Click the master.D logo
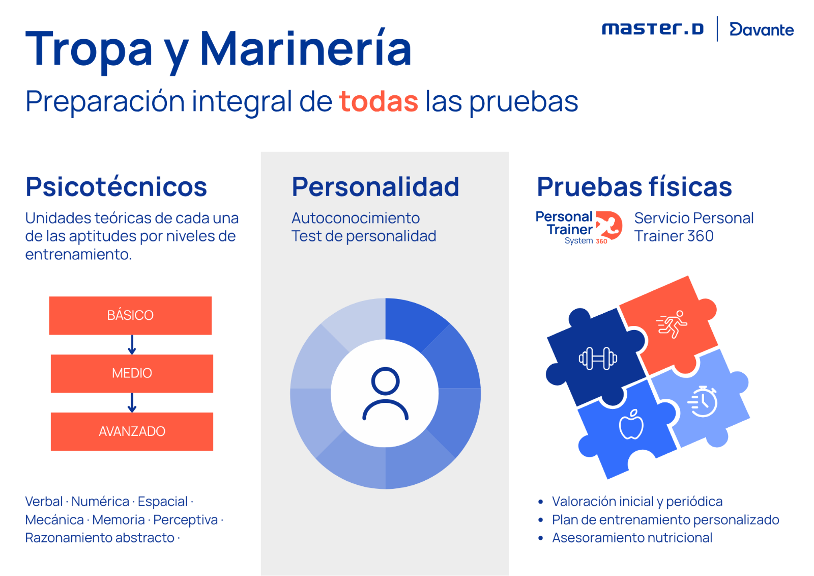pyautogui.click(x=653, y=29)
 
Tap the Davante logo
pyautogui.click(x=762, y=29)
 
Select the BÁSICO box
pyautogui.click(x=130, y=315)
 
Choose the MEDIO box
pyautogui.click(x=132, y=373)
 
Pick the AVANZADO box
pyautogui.click(x=132, y=431)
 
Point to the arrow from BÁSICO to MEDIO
pyautogui.click(x=132, y=345)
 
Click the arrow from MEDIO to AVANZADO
pyautogui.click(x=132, y=402)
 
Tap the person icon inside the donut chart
pyautogui.click(x=385, y=394)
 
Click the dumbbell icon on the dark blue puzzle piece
pyautogui.click(x=598, y=359)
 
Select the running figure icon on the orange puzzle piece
pyautogui.click(x=672, y=324)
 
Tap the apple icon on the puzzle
pyautogui.click(x=631, y=424)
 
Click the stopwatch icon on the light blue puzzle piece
pyautogui.click(x=703, y=401)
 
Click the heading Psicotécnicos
pyautogui.click(x=117, y=187)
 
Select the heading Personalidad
pyautogui.click(x=375, y=187)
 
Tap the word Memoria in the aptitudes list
pyautogui.click(x=119, y=519)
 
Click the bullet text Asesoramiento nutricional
pyautogui.click(x=632, y=538)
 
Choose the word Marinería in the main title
pyautogui.click(x=306, y=49)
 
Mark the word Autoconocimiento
pyautogui.click(x=356, y=218)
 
